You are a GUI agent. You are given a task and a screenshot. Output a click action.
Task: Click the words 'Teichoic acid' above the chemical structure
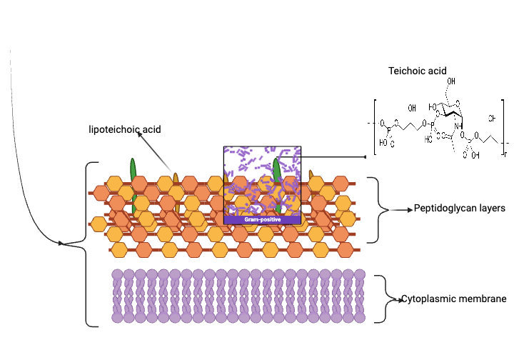click(418, 71)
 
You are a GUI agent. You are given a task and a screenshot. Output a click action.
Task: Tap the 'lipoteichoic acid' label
click(124, 129)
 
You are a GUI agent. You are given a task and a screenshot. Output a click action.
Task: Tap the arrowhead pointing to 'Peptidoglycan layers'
click(409, 210)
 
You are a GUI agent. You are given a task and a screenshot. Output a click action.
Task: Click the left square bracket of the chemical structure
click(375, 127)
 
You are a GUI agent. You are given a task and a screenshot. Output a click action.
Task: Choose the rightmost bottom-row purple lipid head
click(360, 316)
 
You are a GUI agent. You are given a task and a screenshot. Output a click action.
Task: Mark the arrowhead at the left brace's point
click(62, 244)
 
